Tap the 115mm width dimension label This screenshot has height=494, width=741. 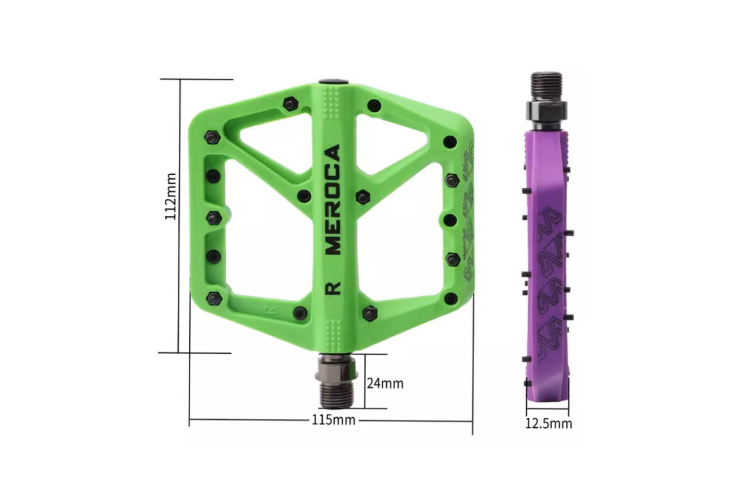334,419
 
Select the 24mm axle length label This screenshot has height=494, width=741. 385,383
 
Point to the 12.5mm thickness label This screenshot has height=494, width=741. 548,423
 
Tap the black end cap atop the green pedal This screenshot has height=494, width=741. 334,81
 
